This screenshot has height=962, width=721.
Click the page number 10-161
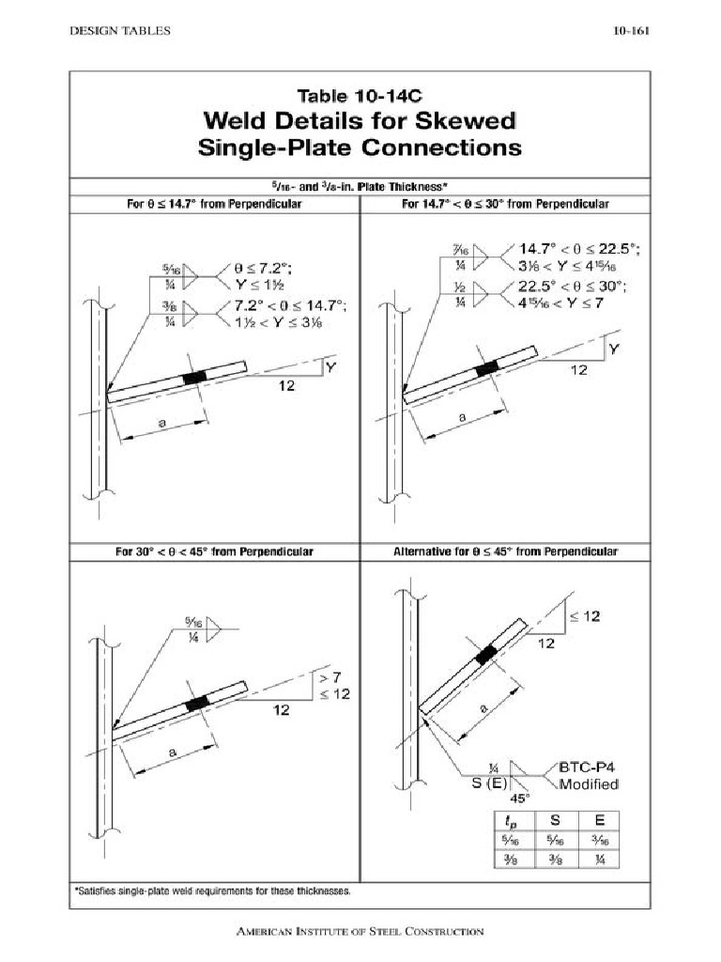tap(632, 31)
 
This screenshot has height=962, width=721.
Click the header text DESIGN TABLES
tap(120, 31)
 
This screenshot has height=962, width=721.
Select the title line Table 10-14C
tap(359, 96)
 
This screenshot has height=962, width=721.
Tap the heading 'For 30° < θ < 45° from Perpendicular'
tap(215, 551)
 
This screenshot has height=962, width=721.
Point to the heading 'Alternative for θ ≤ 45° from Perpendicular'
tap(504, 551)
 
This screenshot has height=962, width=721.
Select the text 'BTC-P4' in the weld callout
tap(589, 767)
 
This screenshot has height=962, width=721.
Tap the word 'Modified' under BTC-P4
tap(589, 784)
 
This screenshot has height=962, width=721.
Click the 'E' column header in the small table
tap(599, 819)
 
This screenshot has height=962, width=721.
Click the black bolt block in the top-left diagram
tap(194, 377)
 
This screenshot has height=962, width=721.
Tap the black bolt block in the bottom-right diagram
tap(485, 656)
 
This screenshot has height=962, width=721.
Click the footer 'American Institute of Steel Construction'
tap(360, 932)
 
